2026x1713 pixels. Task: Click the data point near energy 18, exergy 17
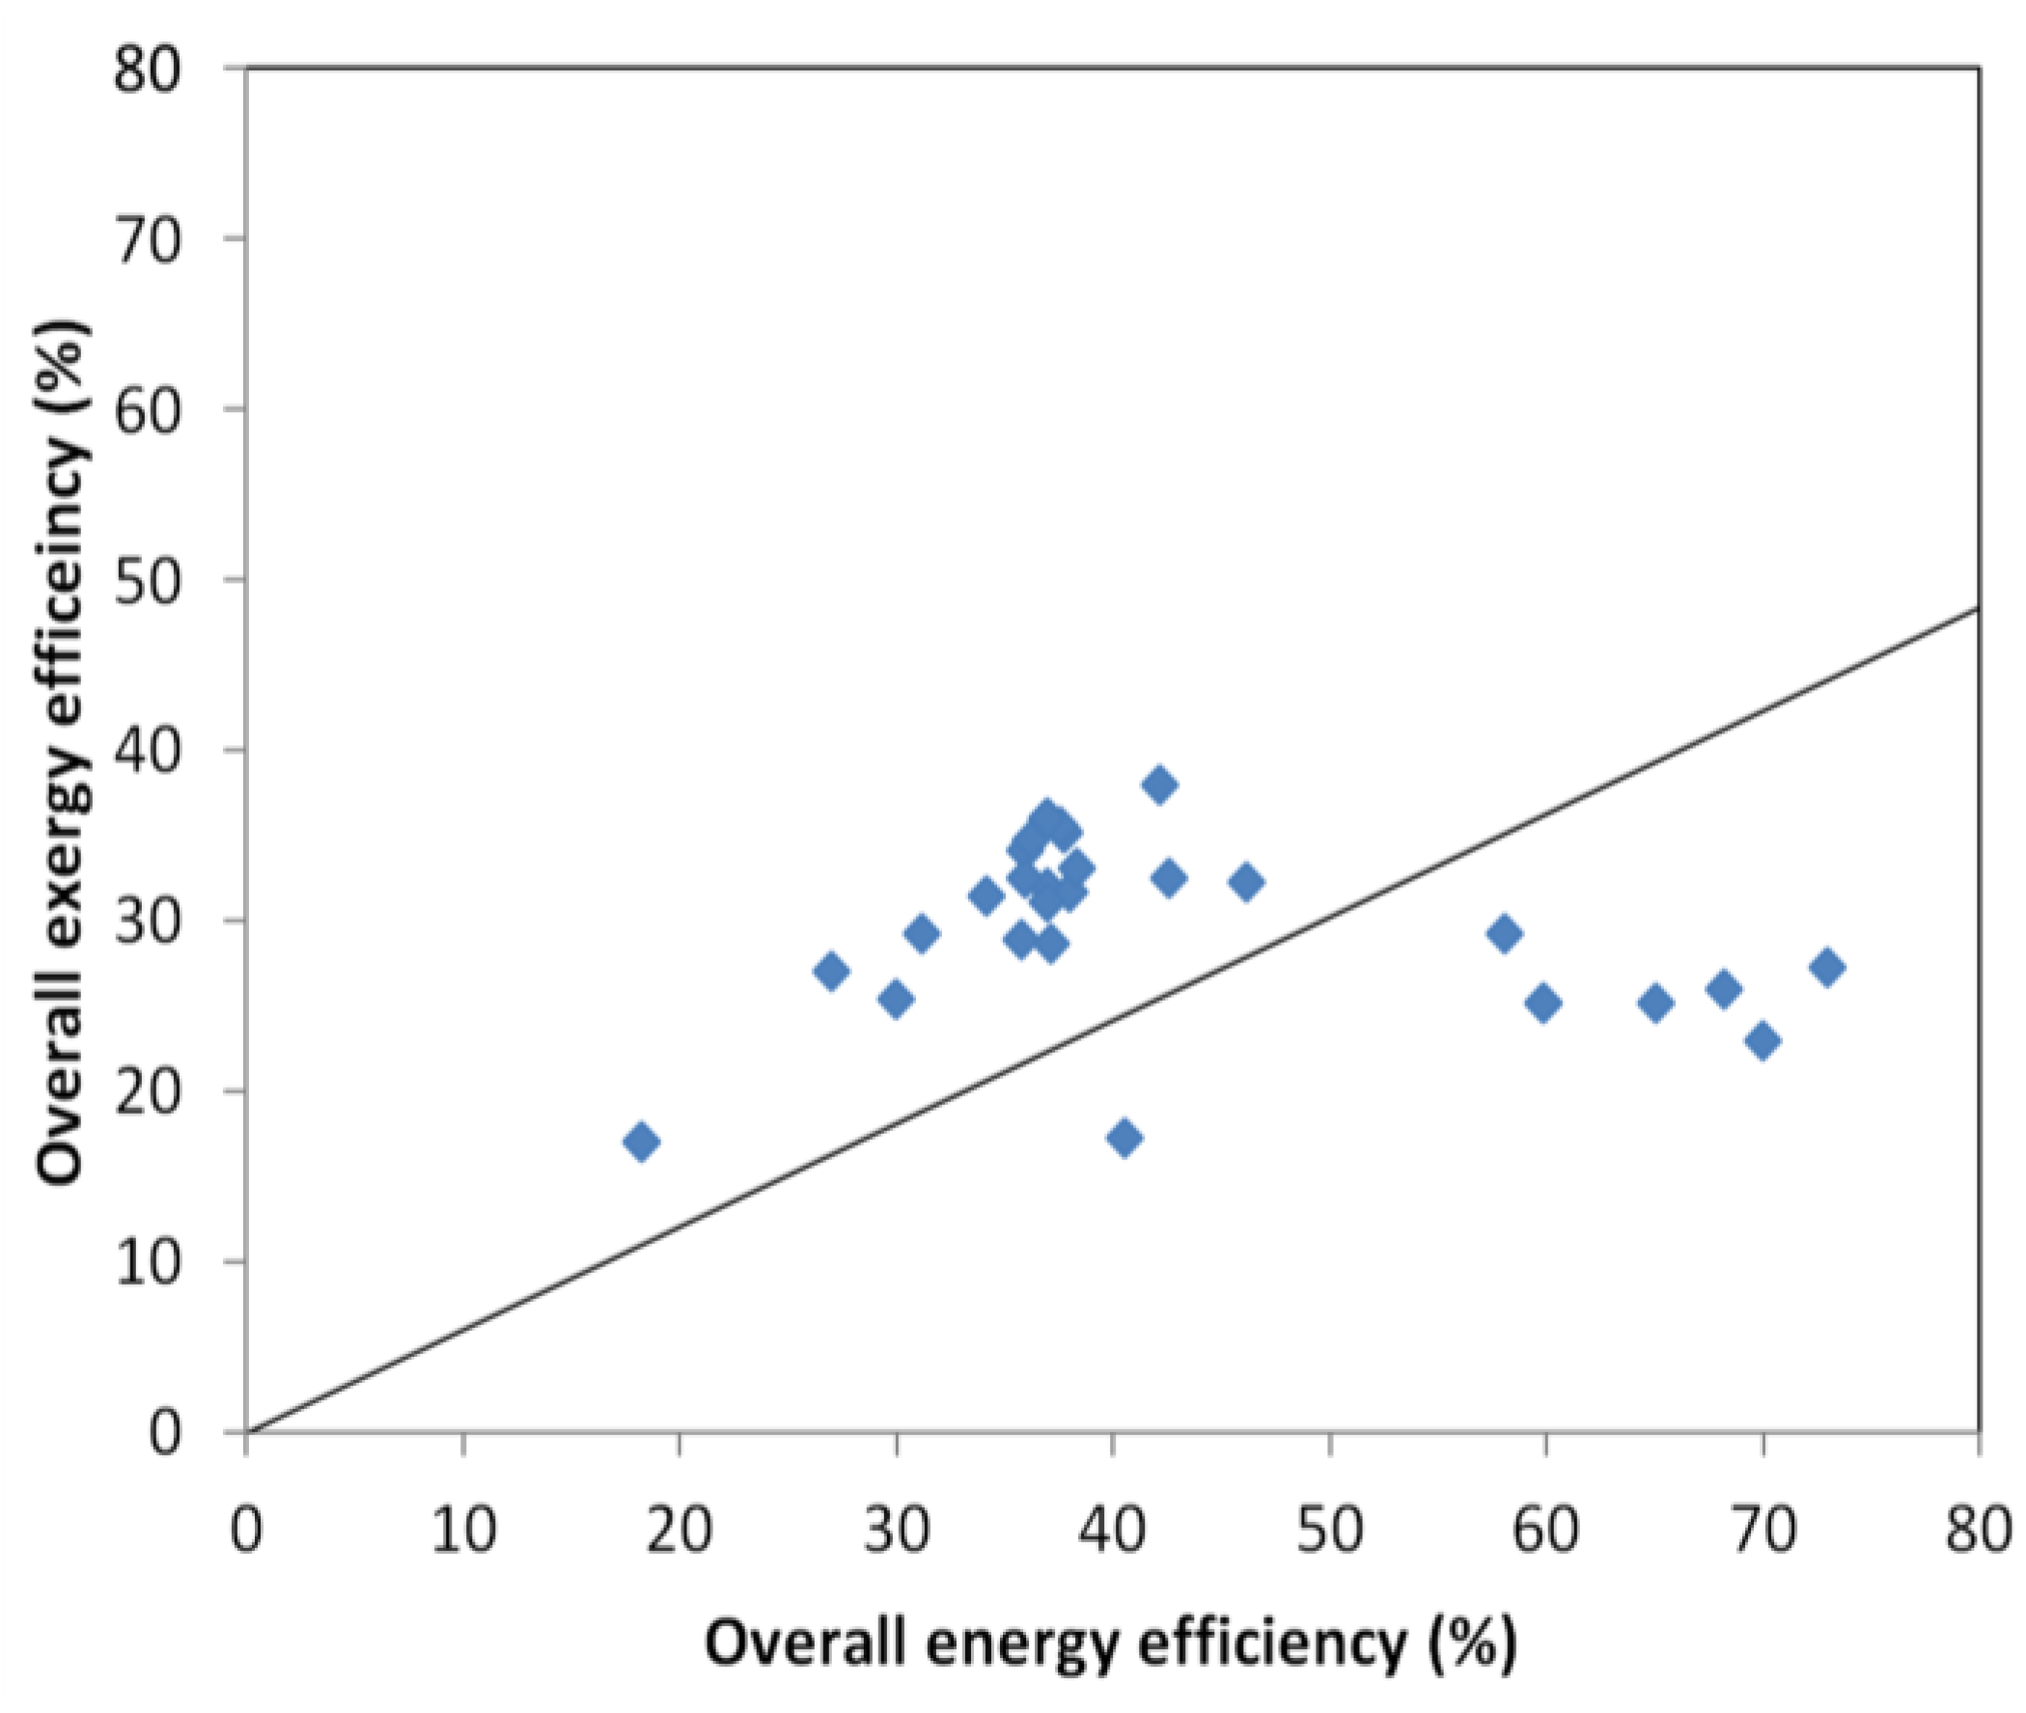(x=642, y=1142)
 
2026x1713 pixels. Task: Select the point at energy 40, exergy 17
(x=1124, y=1138)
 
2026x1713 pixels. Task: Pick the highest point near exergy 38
(x=1159, y=785)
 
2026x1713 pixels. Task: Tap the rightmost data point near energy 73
(x=1827, y=967)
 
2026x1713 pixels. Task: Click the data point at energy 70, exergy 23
(x=1762, y=1041)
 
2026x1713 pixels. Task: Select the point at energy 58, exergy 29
(x=1504, y=934)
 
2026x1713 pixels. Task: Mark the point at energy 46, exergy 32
(x=1247, y=882)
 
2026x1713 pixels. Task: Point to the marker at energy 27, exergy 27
(x=831, y=971)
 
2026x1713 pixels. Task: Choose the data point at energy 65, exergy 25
(x=1656, y=1003)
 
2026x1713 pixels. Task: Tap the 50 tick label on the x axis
(x=1329, y=1531)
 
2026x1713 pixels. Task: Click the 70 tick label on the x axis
(x=1762, y=1531)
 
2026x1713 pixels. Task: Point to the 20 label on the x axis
(x=679, y=1531)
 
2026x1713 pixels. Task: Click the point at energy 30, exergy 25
(x=896, y=998)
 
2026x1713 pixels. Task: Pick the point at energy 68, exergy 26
(x=1724, y=989)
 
